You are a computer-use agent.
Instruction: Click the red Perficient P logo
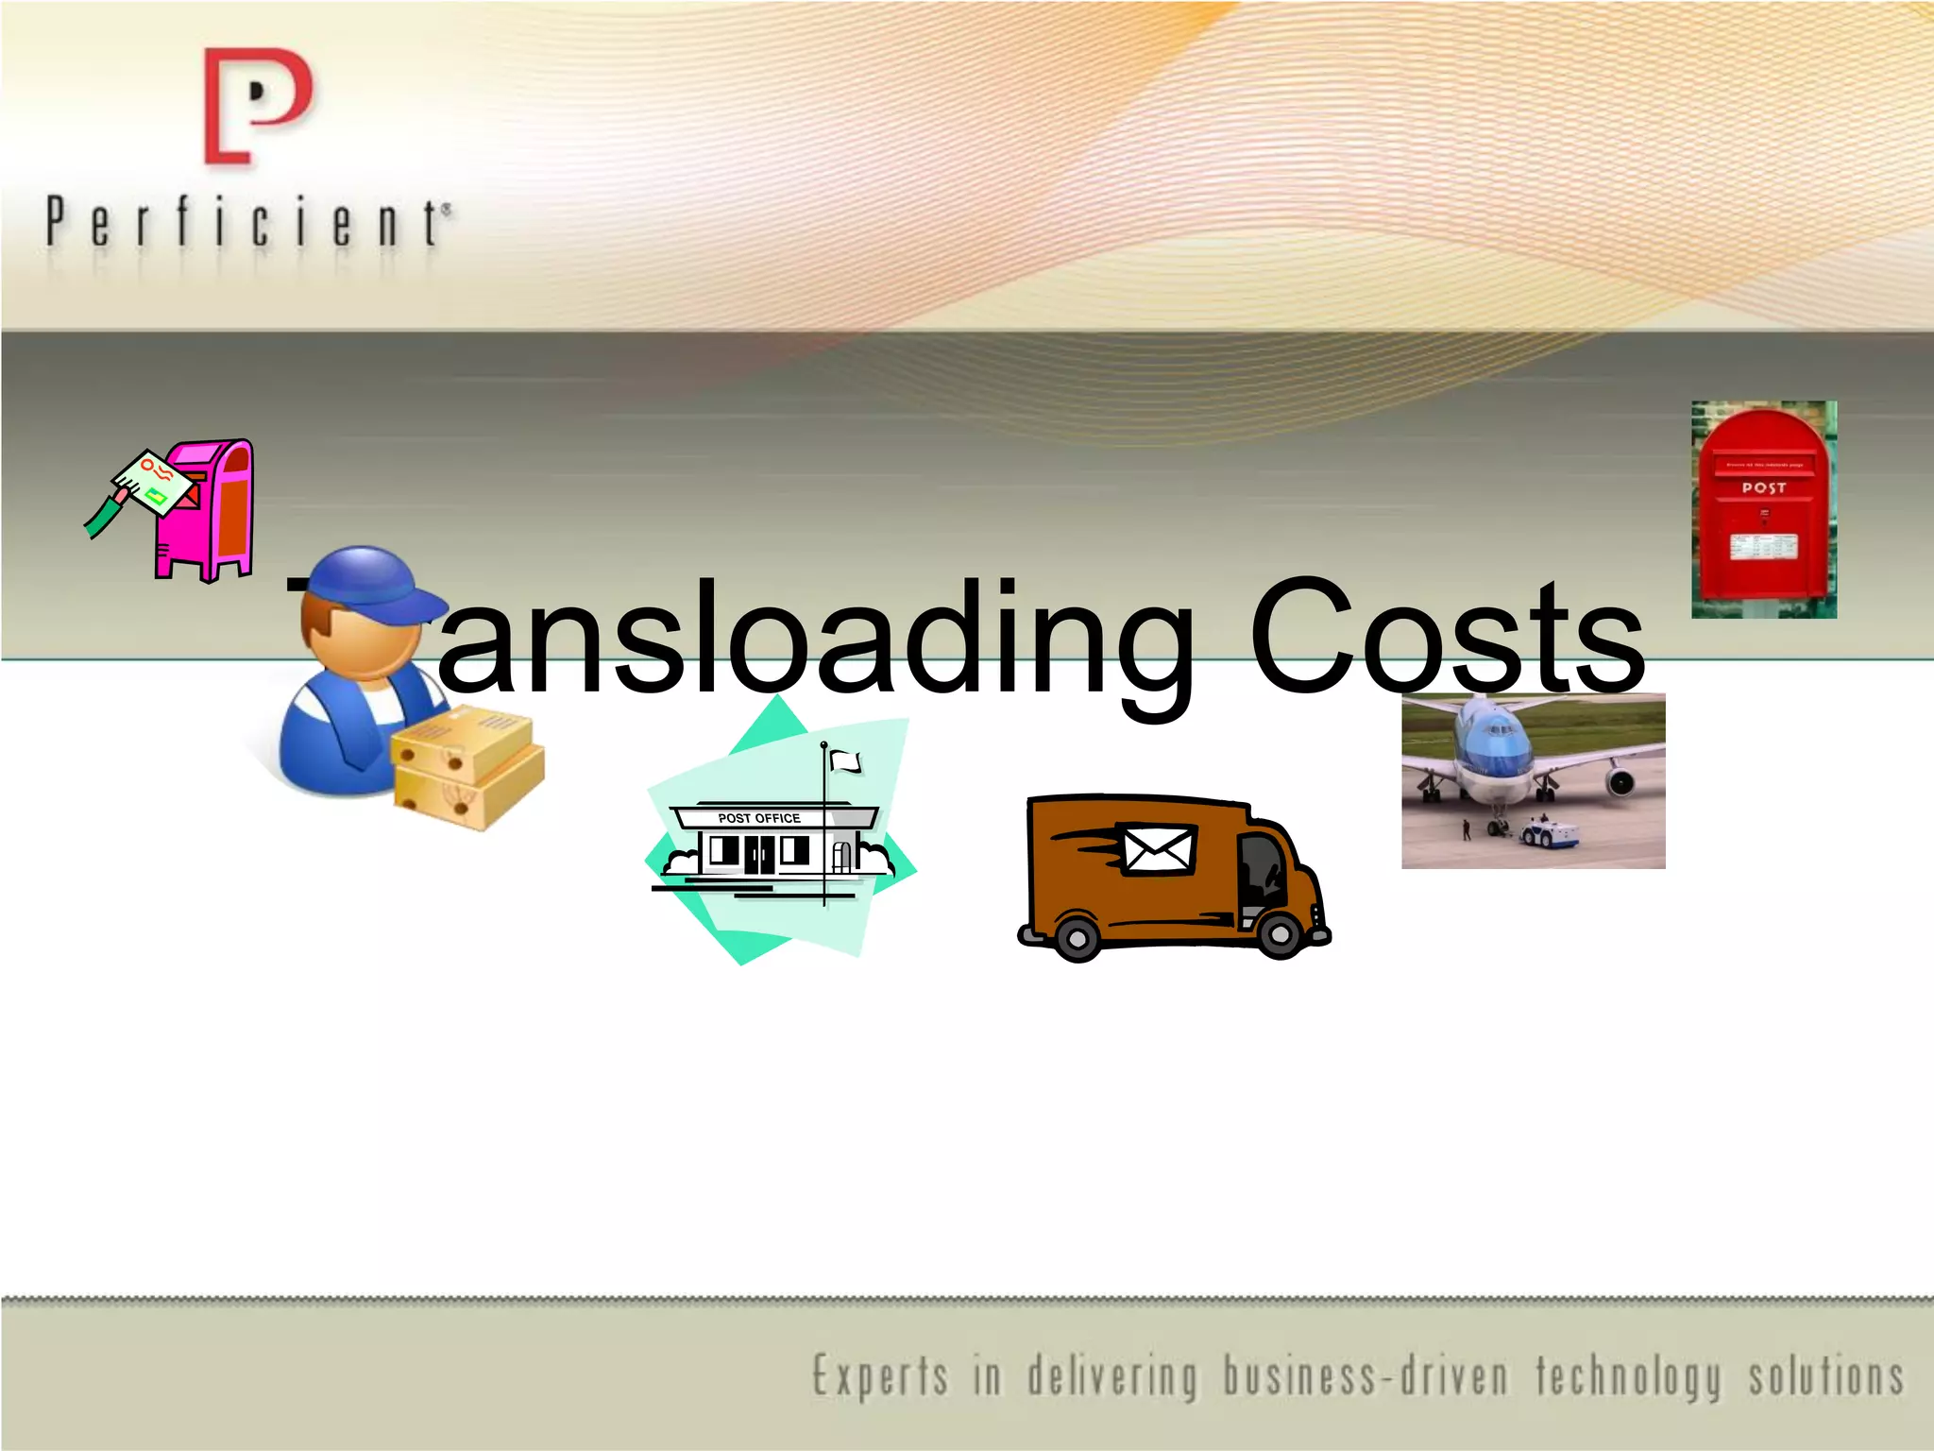257,107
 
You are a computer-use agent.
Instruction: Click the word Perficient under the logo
247,223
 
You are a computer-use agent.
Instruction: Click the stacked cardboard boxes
467,771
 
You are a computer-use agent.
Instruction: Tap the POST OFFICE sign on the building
758,818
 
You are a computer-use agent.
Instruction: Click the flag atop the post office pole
846,761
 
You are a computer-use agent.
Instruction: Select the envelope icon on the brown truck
1158,848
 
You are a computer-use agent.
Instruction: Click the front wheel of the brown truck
1279,934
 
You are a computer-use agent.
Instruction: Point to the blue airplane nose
1493,747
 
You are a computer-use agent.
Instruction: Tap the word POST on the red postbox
1763,488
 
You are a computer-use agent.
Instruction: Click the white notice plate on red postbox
1762,546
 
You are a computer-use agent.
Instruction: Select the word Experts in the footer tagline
880,1376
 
